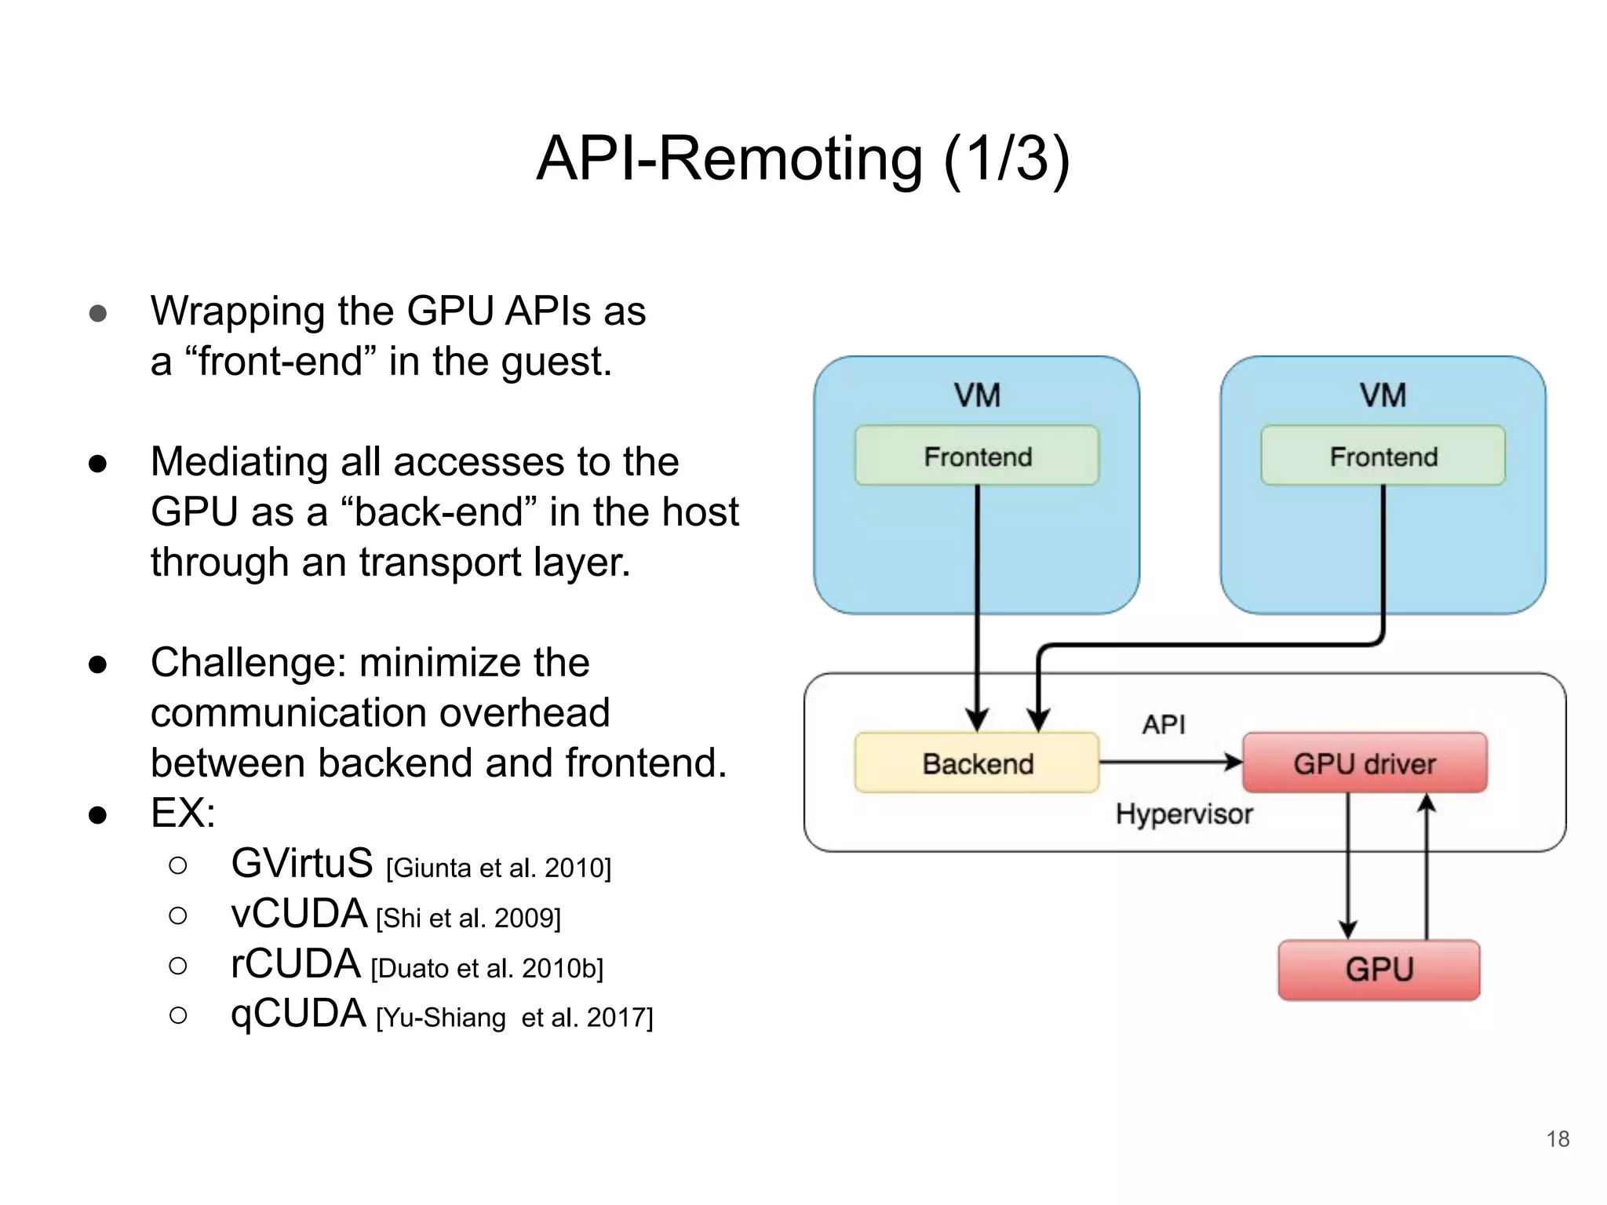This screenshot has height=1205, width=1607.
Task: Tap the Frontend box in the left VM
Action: coord(977,456)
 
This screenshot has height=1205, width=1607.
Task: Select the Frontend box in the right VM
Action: coord(1383,456)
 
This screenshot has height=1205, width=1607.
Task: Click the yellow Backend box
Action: coord(977,763)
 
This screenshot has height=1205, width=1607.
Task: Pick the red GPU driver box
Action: coord(1365,763)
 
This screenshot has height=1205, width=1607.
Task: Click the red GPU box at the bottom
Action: coord(1379,970)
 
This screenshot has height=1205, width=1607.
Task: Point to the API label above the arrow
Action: coord(1163,724)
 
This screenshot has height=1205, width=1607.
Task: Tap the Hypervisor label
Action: coord(1183,814)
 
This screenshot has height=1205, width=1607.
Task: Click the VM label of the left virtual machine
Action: coord(977,395)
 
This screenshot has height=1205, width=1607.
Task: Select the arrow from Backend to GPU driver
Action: coord(1169,761)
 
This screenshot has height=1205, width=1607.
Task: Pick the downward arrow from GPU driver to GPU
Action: coord(1348,867)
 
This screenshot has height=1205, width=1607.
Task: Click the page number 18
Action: coord(1558,1139)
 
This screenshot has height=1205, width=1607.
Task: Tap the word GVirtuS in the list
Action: coord(302,864)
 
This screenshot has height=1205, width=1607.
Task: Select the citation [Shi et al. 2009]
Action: coord(468,918)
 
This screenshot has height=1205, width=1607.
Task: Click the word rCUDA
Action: coord(296,964)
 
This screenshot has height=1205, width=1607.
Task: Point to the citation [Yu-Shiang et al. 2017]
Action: coord(514,1018)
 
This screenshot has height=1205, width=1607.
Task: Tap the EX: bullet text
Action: coord(183,814)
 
